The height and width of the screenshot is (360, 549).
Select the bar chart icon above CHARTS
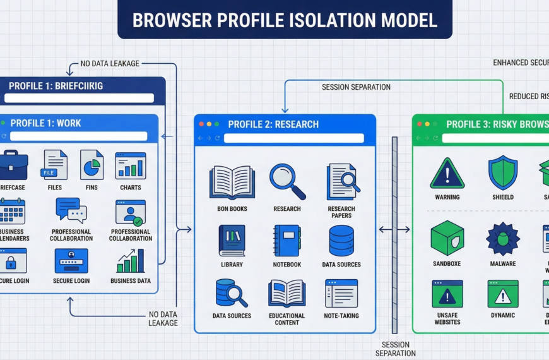[x=131, y=165]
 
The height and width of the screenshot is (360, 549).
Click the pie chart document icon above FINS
[x=91, y=165]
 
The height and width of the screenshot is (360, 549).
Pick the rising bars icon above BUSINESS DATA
[x=131, y=261]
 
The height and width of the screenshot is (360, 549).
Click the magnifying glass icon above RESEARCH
[x=287, y=181]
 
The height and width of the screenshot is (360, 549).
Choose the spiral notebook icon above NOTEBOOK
[x=287, y=240]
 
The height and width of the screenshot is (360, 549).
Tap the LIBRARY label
[x=232, y=265]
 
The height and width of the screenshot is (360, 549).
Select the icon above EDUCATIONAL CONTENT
[x=287, y=293]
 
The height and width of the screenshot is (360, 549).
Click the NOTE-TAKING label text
[x=341, y=316]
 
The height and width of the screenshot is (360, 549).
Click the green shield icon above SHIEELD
[x=503, y=173]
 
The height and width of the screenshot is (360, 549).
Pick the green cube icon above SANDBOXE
[x=447, y=238]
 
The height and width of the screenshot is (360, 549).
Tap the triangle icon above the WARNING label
[x=447, y=173]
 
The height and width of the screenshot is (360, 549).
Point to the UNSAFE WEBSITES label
[x=447, y=319]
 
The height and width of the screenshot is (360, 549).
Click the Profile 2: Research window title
[x=273, y=124]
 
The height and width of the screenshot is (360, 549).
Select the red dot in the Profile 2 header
[x=201, y=124]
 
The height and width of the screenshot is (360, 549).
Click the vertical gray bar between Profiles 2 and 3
[x=395, y=234]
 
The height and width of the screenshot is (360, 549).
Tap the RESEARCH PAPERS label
[x=341, y=212]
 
